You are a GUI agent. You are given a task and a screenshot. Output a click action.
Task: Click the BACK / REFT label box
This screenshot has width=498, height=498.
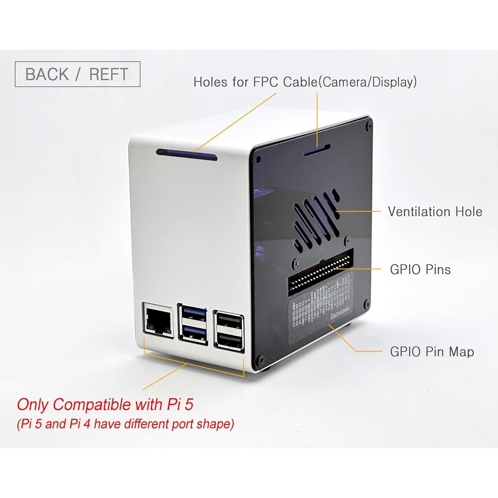(x=77, y=74)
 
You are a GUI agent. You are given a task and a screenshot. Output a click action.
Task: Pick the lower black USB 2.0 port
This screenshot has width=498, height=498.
(x=230, y=340)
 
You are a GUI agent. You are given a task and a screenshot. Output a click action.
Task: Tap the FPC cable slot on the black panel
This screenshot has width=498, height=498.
(x=317, y=150)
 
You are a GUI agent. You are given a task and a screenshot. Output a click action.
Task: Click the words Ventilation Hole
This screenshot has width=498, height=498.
(x=435, y=211)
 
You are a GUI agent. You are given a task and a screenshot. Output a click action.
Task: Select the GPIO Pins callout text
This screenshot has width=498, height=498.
(x=420, y=269)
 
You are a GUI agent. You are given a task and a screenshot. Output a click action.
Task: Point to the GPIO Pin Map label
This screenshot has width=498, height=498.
(x=432, y=352)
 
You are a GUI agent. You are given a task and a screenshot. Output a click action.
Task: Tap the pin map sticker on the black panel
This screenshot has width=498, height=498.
(x=320, y=307)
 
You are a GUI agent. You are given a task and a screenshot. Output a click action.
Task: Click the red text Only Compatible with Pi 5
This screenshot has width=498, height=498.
(x=105, y=405)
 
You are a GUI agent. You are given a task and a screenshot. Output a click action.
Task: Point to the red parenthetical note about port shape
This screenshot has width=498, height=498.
(x=125, y=424)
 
